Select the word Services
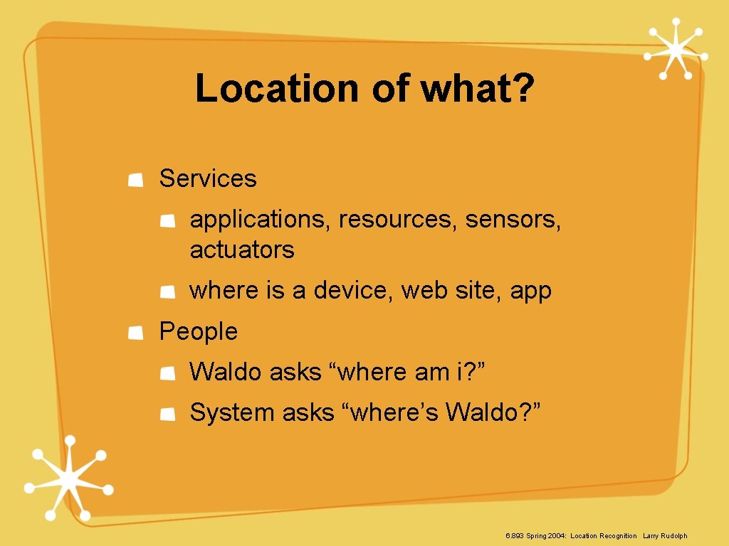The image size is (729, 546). [207, 178]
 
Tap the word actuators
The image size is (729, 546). [242, 250]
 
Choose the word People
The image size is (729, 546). [198, 331]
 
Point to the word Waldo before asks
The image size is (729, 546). [226, 372]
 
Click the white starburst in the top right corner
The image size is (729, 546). [674, 49]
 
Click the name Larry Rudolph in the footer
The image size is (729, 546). [665, 535]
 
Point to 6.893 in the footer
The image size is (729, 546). [514, 535]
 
